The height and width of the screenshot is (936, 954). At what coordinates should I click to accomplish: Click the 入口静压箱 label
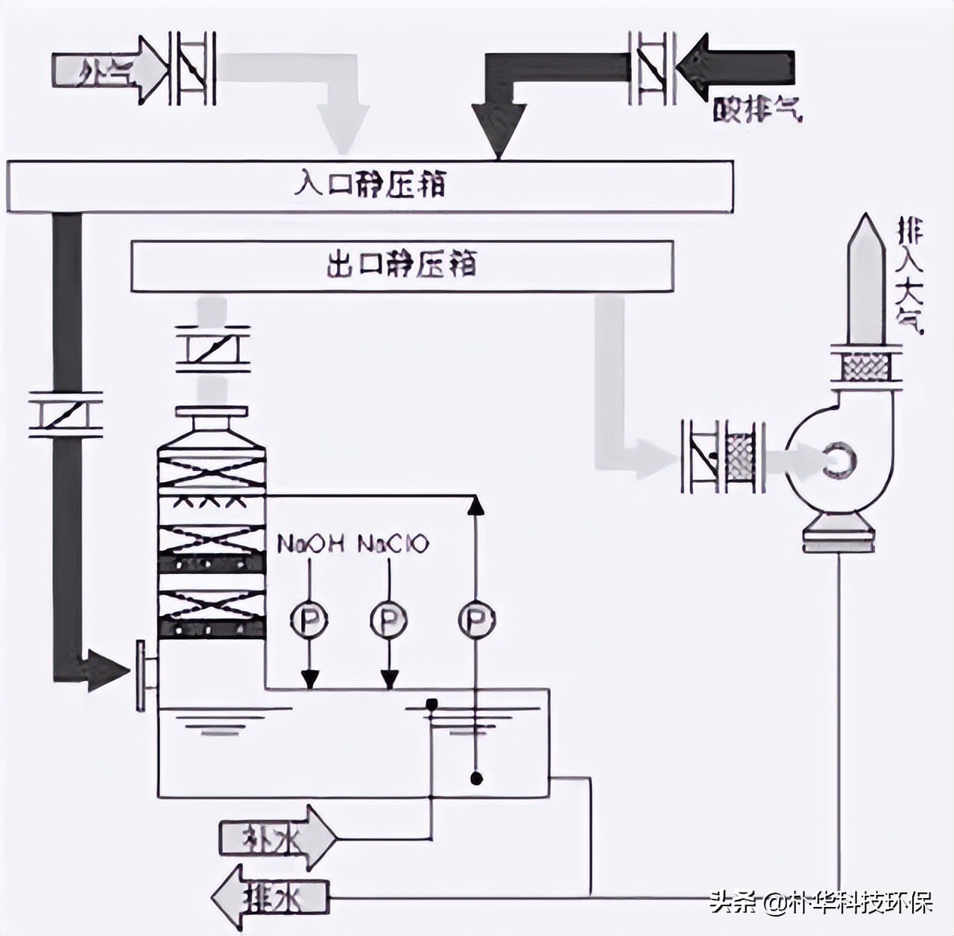coord(370,183)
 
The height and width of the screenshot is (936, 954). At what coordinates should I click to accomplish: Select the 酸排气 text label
coord(757,110)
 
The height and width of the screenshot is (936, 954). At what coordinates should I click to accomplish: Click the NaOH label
coord(310,544)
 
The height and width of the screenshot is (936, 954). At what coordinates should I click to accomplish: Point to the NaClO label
coord(393,544)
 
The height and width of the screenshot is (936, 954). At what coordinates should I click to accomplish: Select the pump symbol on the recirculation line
coord(477,619)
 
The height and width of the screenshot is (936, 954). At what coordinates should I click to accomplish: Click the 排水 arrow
coord(269,898)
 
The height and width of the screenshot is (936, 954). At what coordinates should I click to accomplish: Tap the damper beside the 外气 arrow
coord(192,69)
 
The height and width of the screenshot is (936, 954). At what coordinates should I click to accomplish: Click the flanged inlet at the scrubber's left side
coord(144,674)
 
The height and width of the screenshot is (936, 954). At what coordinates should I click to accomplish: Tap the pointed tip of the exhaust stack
coord(866,218)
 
